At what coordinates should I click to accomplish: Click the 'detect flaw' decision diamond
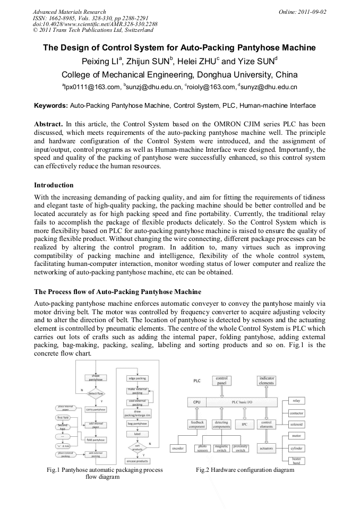click(96, 393)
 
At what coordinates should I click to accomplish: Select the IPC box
click(244, 424)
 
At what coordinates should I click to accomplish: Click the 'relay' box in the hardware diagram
click(296, 401)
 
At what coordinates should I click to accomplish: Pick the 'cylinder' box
click(296, 448)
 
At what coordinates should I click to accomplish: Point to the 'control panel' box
click(221, 381)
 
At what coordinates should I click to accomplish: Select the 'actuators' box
click(266, 448)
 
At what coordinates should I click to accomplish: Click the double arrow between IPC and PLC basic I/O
click(244, 413)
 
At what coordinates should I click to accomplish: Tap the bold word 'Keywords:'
click(51, 106)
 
